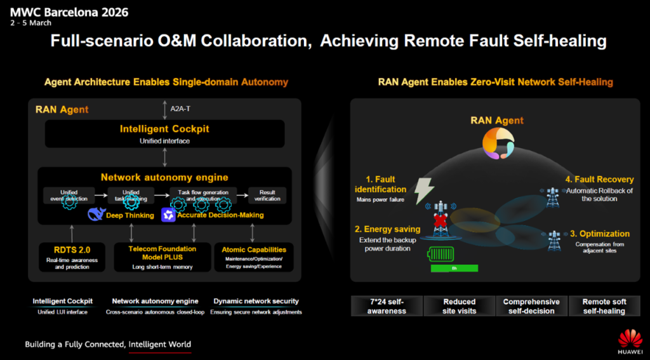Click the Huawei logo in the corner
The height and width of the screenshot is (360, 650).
(x=630, y=340)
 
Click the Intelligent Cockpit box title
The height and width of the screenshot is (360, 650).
(x=164, y=129)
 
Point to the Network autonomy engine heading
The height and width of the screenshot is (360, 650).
(x=164, y=177)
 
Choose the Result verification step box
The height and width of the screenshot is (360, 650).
(x=267, y=195)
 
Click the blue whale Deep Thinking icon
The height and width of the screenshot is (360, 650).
(x=97, y=215)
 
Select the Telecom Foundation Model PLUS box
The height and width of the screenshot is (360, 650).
(x=162, y=257)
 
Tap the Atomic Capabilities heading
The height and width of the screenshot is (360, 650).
(x=254, y=250)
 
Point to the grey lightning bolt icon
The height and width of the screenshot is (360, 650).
(x=424, y=189)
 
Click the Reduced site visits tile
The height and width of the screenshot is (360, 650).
(x=459, y=306)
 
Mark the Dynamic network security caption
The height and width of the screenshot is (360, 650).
(x=256, y=301)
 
